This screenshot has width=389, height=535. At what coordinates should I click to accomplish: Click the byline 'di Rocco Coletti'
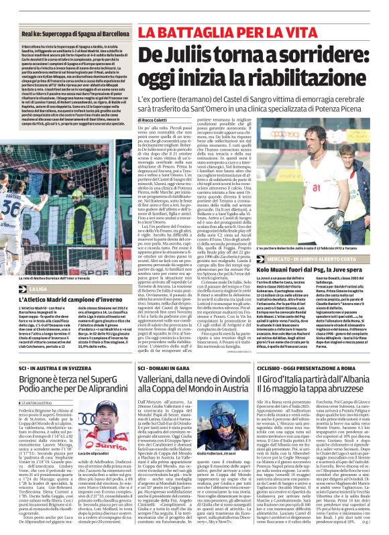tap(156, 120)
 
